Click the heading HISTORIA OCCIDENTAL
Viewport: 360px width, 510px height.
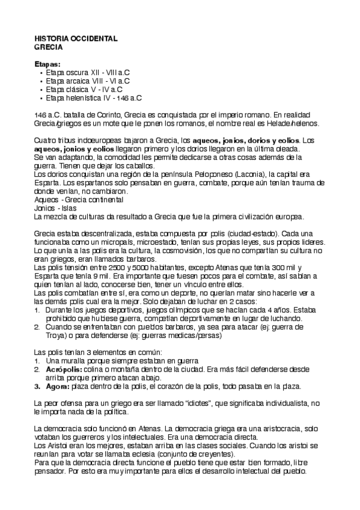pyautogui.click(x=76, y=38)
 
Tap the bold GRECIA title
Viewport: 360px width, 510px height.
pyautogui.click(x=48, y=46)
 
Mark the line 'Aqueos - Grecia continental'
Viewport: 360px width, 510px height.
pyautogui.click(x=79, y=199)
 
